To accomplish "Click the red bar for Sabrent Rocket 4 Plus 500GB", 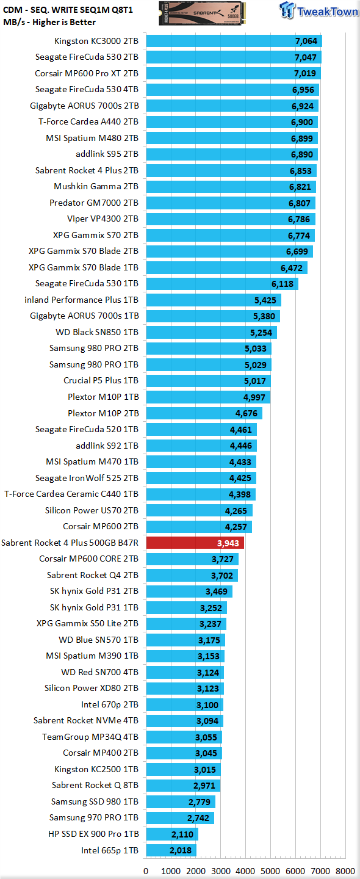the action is coord(195,543).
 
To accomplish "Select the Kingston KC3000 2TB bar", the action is coord(234,42).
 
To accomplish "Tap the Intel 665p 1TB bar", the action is coord(171,850).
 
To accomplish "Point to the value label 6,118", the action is coord(283,284).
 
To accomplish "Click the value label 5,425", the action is coord(265,300).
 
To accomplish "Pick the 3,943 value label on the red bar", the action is coord(228,543).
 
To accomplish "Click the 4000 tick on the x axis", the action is coord(245,871).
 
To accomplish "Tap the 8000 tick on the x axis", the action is coord(345,871).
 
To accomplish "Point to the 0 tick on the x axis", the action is coord(146,871).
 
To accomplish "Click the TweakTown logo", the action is coord(319,10).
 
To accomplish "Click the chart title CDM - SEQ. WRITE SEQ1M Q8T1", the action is coord(68,10).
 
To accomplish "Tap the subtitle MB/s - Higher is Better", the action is coord(49,23).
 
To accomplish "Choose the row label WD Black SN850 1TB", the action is coord(97,332).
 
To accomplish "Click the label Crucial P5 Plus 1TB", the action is coord(101,381).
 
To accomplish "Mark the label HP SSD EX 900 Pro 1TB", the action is coord(93,834).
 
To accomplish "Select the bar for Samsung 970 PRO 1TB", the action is coord(180,818).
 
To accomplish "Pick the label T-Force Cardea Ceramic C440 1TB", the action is coord(71,494).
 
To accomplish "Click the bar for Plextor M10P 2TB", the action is coord(204,413).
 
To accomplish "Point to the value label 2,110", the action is coord(182,834).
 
